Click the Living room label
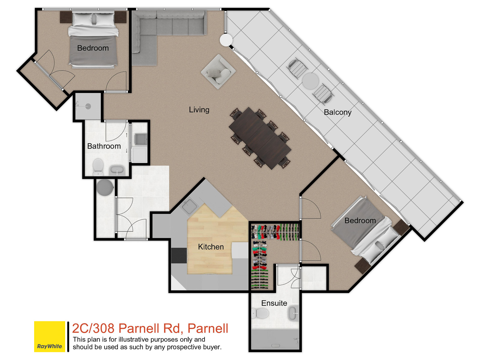click(x=199, y=110)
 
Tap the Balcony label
click(x=337, y=112)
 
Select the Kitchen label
click(x=211, y=247)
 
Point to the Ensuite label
click(x=274, y=303)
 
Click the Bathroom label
click(x=104, y=146)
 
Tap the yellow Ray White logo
click(x=49, y=336)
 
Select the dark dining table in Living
click(x=260, y=138)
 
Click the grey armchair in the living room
click(x=218, y=71)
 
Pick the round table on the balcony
click(x=310, y=81)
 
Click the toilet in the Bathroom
click(x=98, y=167)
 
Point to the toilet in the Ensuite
click(x=260, y=313)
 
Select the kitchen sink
click(x=188, y=206)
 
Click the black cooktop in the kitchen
click(x=179, y=256)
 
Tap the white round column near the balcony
click(x=226, y=40)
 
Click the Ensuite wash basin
click(x=293, y=313)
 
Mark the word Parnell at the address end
click(x=208, y=328)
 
